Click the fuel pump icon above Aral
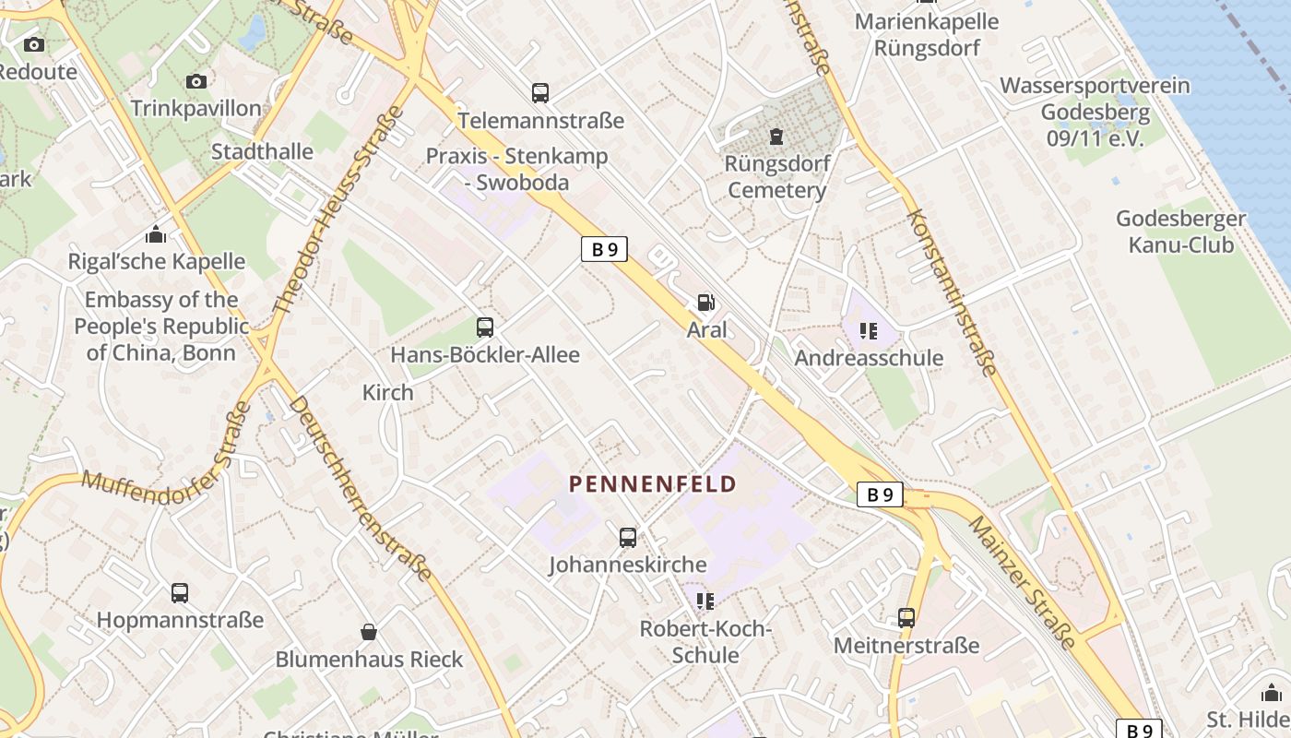point(705,302)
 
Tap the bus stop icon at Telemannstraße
point(540,92)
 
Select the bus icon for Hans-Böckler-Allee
point(485,327)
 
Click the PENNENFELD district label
point(653,484)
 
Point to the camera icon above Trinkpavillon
point(196,81)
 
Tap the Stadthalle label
point(262,151)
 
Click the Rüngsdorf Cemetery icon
point(776,137)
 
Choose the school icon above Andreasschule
point(868,330)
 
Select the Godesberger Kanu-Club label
point(1180,232)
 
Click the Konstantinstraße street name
point(952,292)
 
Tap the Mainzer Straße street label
point(1022,581)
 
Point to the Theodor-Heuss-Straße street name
point(340,209)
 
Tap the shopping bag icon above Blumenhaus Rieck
point(369,632)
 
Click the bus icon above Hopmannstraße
point(180,592)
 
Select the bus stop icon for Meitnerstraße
point(906,617)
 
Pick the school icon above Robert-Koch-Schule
point(705,601)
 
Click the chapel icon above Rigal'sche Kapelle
point(156,234)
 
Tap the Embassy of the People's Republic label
point(161,326)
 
